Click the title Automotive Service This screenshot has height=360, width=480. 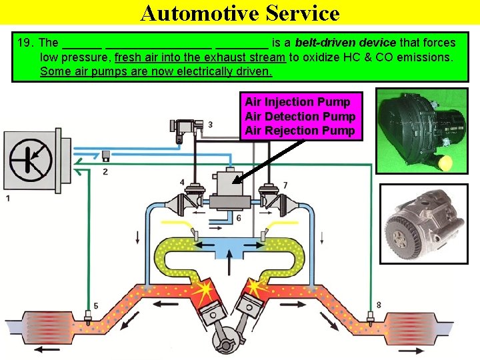[240, 13]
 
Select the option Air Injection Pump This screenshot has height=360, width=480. [297, 102]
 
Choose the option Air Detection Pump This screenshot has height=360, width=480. [300, 116]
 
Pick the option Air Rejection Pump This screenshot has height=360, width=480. [299, 131]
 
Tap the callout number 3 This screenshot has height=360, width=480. [210, 125]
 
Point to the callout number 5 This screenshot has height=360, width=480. [95, 306]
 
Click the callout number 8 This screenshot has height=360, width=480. [379, 305]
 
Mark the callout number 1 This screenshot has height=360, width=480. [7, 198]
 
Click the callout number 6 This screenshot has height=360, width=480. [238, 219]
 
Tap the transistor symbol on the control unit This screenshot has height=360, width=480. [31, 159]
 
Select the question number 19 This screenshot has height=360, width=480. [25, 43]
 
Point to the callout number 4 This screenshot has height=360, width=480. [183, 182]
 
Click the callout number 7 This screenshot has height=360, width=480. [285, 184]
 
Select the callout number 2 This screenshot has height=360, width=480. [105, 172]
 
